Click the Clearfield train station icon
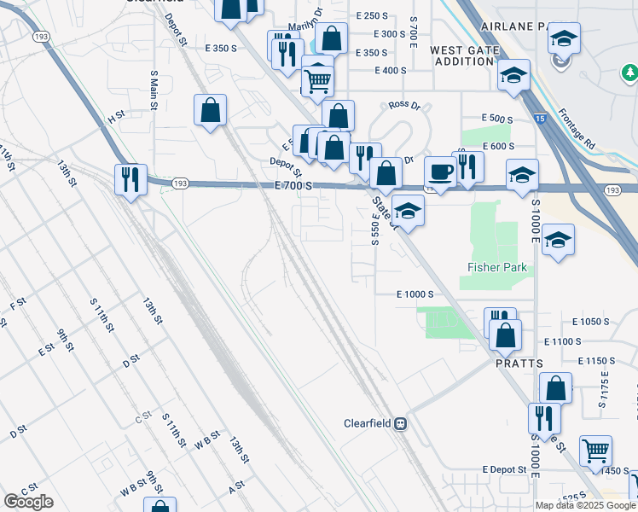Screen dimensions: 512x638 (400, 423)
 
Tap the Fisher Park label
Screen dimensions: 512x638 (497, 268)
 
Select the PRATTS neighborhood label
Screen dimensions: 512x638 (519, 364)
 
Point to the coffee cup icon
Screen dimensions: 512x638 (440, 172)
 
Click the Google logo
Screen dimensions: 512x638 (28, 502)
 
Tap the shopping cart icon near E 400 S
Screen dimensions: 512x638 (317, 81)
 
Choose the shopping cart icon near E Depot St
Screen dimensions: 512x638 (595, 449)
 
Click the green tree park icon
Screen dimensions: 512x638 (630, 74)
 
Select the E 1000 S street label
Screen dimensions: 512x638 (416, 294)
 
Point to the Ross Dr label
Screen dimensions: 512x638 (404, 105)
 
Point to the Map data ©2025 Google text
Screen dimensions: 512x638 (586, 505)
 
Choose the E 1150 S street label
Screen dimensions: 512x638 (596, 361)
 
